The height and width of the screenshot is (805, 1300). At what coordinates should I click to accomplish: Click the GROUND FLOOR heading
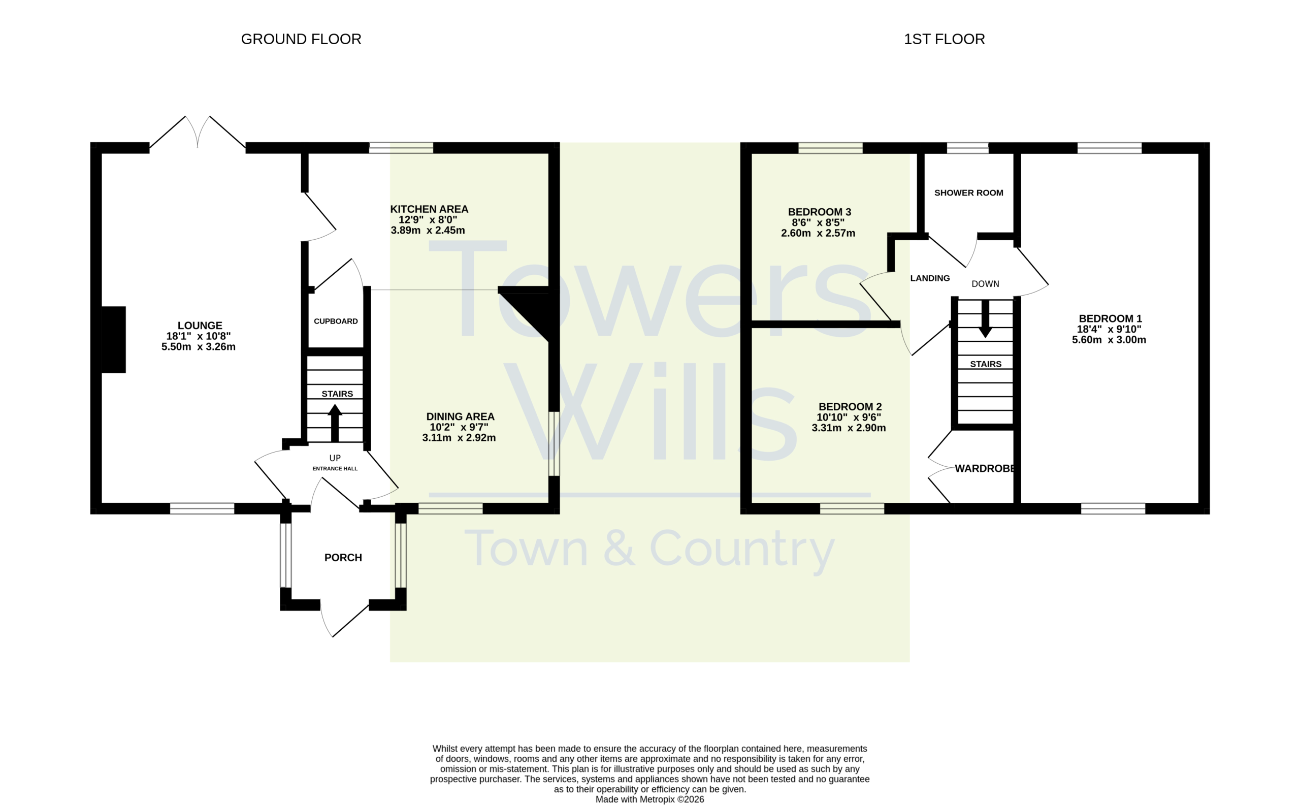click(x=301, y=39)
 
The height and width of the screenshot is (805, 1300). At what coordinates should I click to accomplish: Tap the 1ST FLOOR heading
click(x=944, y=39)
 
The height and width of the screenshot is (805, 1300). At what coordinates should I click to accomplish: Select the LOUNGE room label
click(x=200, y=325)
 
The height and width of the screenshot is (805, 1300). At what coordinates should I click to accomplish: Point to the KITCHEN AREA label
click(x=429, y=209)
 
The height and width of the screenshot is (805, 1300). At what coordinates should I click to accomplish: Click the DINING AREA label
click(x=460, y=416)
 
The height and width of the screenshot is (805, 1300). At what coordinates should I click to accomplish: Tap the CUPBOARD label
click(x=335, y=321)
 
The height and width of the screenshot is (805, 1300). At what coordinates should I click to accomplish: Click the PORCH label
click(x=343, y=558)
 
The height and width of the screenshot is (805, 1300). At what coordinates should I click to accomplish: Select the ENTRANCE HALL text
click(x=335, y=468)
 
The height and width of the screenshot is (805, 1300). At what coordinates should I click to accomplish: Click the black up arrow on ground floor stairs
click(x=334, y=423)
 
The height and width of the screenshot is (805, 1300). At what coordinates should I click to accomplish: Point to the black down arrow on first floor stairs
click(x=985, y=318)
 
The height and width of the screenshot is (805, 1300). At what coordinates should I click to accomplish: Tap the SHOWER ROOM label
click(x=968, y=192)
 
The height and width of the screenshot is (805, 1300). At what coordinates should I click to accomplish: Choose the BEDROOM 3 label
click(x=819, y=212)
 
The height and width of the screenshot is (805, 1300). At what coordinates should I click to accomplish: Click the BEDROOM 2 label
click(x=850, y=407)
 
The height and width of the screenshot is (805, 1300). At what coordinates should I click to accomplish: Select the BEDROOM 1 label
click(x=1110, y=318)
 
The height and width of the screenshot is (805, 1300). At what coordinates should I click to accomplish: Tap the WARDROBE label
click(x=985, y=468)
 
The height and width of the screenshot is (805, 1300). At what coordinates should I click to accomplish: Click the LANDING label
click(x=929, y=278)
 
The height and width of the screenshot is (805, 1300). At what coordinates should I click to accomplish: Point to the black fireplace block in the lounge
click(x=113, y=340)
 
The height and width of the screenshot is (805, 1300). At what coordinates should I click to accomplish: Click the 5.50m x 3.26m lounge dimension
click(x=199, y=346)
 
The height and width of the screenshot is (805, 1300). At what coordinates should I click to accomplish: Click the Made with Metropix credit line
click(x=649, y=799)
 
